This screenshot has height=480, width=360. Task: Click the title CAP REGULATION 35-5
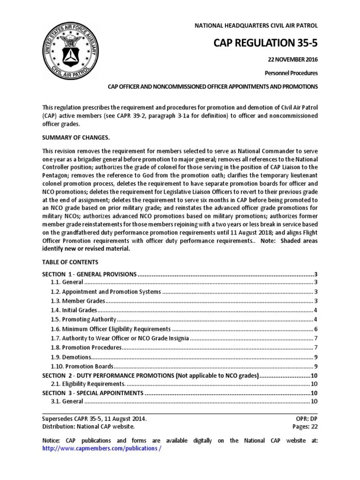tap(265, 44)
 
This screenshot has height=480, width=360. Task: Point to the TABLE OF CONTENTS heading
tap(70, 262)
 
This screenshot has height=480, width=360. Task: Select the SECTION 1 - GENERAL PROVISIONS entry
tap(89, 274)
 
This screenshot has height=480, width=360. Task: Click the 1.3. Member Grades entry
tap(77, 300)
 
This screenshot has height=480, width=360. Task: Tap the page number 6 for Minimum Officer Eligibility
tap(316, 329)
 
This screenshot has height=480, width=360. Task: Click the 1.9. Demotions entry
tap(72, 357)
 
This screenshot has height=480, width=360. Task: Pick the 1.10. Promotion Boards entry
tap(82, 366)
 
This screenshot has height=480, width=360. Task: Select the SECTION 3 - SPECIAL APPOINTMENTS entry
tap(92, 392)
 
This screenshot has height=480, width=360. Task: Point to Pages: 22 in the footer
tap(305, 426)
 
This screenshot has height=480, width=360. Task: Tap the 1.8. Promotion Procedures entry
tap(86, 347)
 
